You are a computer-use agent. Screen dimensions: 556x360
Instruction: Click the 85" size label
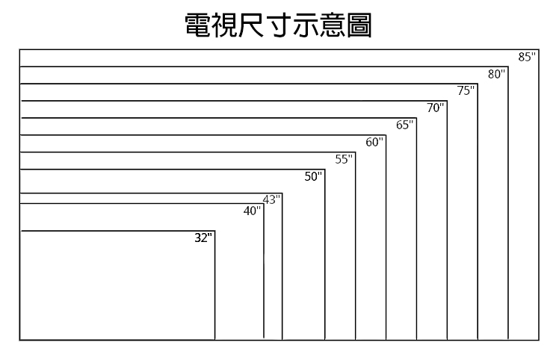click(527, 57)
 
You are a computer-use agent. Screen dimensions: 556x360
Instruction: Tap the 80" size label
click(496, 74)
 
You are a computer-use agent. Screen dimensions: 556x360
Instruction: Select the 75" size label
click(466, 90)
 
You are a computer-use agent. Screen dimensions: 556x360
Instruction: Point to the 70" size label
click(436, 108)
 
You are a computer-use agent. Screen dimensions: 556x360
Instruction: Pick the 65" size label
click(405, 125)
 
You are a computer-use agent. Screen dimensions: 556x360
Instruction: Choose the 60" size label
click(374, 142)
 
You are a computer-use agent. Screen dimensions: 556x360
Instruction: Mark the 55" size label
click(344, 159)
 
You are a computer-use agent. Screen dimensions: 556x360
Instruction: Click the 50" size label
click(313, 176)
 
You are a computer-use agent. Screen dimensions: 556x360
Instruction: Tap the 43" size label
click(271, 200)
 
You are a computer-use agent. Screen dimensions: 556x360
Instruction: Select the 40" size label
click(252, 211)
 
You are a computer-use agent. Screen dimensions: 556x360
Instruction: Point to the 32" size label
click(203, 238)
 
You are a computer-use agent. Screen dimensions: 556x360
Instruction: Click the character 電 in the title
click(199, 25)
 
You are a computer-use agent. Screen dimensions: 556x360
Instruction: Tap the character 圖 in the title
click(359, 25)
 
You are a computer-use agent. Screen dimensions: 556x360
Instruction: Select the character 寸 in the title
click(279, 25)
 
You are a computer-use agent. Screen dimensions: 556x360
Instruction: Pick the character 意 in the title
click(333, 25)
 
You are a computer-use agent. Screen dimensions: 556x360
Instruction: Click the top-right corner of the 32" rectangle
click(214, 231)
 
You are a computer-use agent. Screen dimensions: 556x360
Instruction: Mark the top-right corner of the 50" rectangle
click(324, 170)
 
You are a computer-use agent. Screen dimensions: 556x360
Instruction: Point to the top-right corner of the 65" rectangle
click(416, 118)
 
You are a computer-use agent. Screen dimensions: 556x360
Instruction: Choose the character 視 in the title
click(225, 25)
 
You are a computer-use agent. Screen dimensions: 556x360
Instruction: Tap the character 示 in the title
click(306, 25)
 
